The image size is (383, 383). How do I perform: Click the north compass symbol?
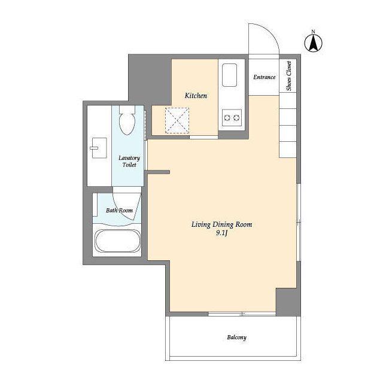coord(313,43)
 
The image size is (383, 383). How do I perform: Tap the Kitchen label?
coord(196,96)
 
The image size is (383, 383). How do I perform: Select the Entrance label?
coord(265,77)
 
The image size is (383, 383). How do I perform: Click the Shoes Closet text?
coord(289,76)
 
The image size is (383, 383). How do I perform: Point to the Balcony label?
coord(237,338)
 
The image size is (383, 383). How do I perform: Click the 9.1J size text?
coord(221,233)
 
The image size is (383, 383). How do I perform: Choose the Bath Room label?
coord(119,210)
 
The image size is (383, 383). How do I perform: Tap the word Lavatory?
coord(129,158)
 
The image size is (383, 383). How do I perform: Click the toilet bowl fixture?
coord(127,120)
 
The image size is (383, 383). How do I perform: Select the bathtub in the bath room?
coord(118,241)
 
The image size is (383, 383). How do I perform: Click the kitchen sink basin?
coord(229,75)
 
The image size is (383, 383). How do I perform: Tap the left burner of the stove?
coord(227,118)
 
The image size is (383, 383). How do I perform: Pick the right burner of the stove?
coord(236,118)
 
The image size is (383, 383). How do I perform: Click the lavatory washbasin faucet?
coord(94,148)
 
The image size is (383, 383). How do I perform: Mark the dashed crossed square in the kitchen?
coord(177,120)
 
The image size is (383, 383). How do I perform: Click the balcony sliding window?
coord(242,314)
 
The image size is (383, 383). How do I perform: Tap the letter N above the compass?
coord(313,32)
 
